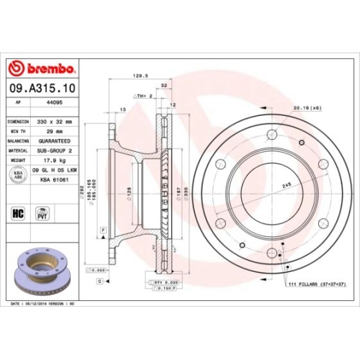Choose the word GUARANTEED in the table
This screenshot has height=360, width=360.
tap(56, 142)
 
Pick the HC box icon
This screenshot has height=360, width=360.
tap(18, 213)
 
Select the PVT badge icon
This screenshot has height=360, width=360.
tap(42, 213)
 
